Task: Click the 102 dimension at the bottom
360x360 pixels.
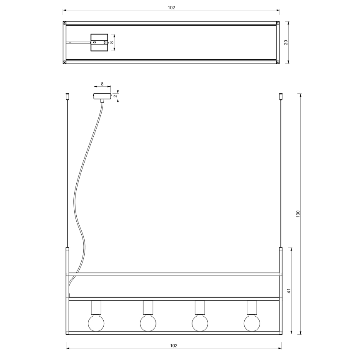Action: click(174, 345)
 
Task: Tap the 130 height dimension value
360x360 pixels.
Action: click(297, 214)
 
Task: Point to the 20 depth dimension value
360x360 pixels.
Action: click(286, 42)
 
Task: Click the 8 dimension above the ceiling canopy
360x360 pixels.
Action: click(102, 84)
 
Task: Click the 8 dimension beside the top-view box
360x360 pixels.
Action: click(112, 42)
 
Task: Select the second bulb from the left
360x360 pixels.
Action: click(148, 323)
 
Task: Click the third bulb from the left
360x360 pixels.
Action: click(200, 323)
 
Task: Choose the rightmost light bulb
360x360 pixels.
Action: click(252, 323)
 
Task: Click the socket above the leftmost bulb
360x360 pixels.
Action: click(96, 307)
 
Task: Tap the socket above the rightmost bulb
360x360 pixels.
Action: click(252, 307)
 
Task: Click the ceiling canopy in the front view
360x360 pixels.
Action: click(102, 96)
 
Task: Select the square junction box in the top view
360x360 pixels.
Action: click(99, 42)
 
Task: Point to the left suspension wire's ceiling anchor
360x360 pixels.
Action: click(67, 97)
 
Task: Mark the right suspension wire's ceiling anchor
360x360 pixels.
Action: click(280, 97)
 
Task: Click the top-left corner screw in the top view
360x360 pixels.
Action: click(64, 23)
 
